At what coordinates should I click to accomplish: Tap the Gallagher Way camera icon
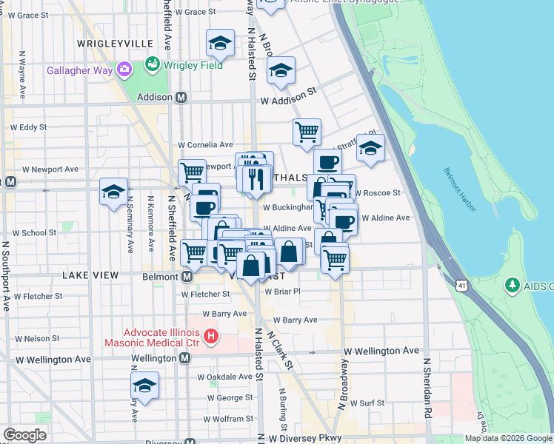click(x=124, y=70)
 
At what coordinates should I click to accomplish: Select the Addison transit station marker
click(x=181, y=97)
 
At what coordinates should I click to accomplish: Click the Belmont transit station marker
click(x=187, y=276)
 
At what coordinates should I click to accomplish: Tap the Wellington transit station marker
click(x=185, y=357)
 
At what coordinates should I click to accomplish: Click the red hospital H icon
click(x=211, y=337)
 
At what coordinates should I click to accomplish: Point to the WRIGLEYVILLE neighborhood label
click(x=114, y=44)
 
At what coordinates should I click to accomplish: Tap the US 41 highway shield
click(x=462, y=285)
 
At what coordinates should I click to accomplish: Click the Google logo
click(x=24, y=435)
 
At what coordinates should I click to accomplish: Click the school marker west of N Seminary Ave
click(x=113, y=192)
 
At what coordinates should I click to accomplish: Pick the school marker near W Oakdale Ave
click(x=144, y=386)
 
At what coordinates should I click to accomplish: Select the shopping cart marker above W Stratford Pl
click(x=307, y=133)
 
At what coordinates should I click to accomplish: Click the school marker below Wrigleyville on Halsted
click(x=220, y=44)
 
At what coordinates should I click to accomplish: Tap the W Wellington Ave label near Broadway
click(x=381, y=351)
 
